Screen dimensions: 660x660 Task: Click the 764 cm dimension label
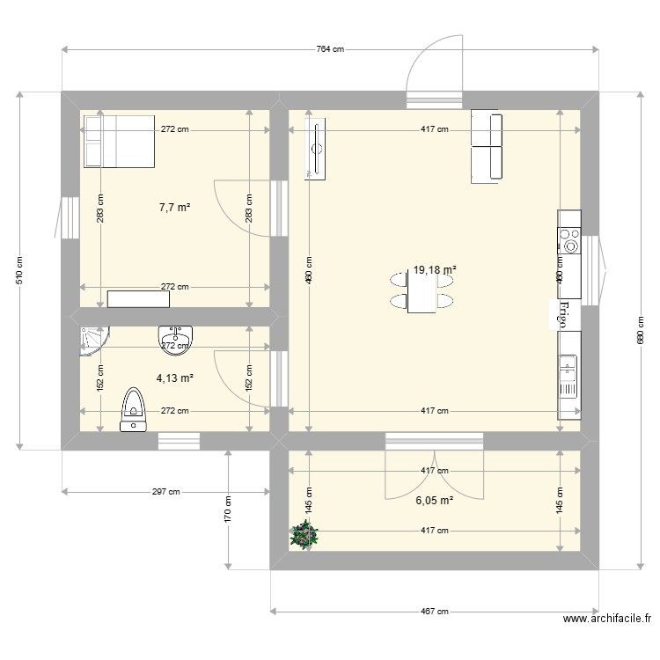pos(329,49)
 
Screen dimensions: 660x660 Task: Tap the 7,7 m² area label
pos(175,208)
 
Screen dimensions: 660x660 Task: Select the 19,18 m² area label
pos(435,271)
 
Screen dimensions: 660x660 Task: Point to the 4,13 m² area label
pos(174,378)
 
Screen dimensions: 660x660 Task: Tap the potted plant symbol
pos(304,535)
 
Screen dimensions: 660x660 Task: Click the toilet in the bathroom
pos(134,410)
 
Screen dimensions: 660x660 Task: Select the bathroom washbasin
pos(176,337)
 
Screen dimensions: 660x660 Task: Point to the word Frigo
pos(563,314)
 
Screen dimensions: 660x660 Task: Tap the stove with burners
pos(569,240)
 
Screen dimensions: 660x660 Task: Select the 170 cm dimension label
pos(228,508)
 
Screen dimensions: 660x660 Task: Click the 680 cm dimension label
pos(640,330)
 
